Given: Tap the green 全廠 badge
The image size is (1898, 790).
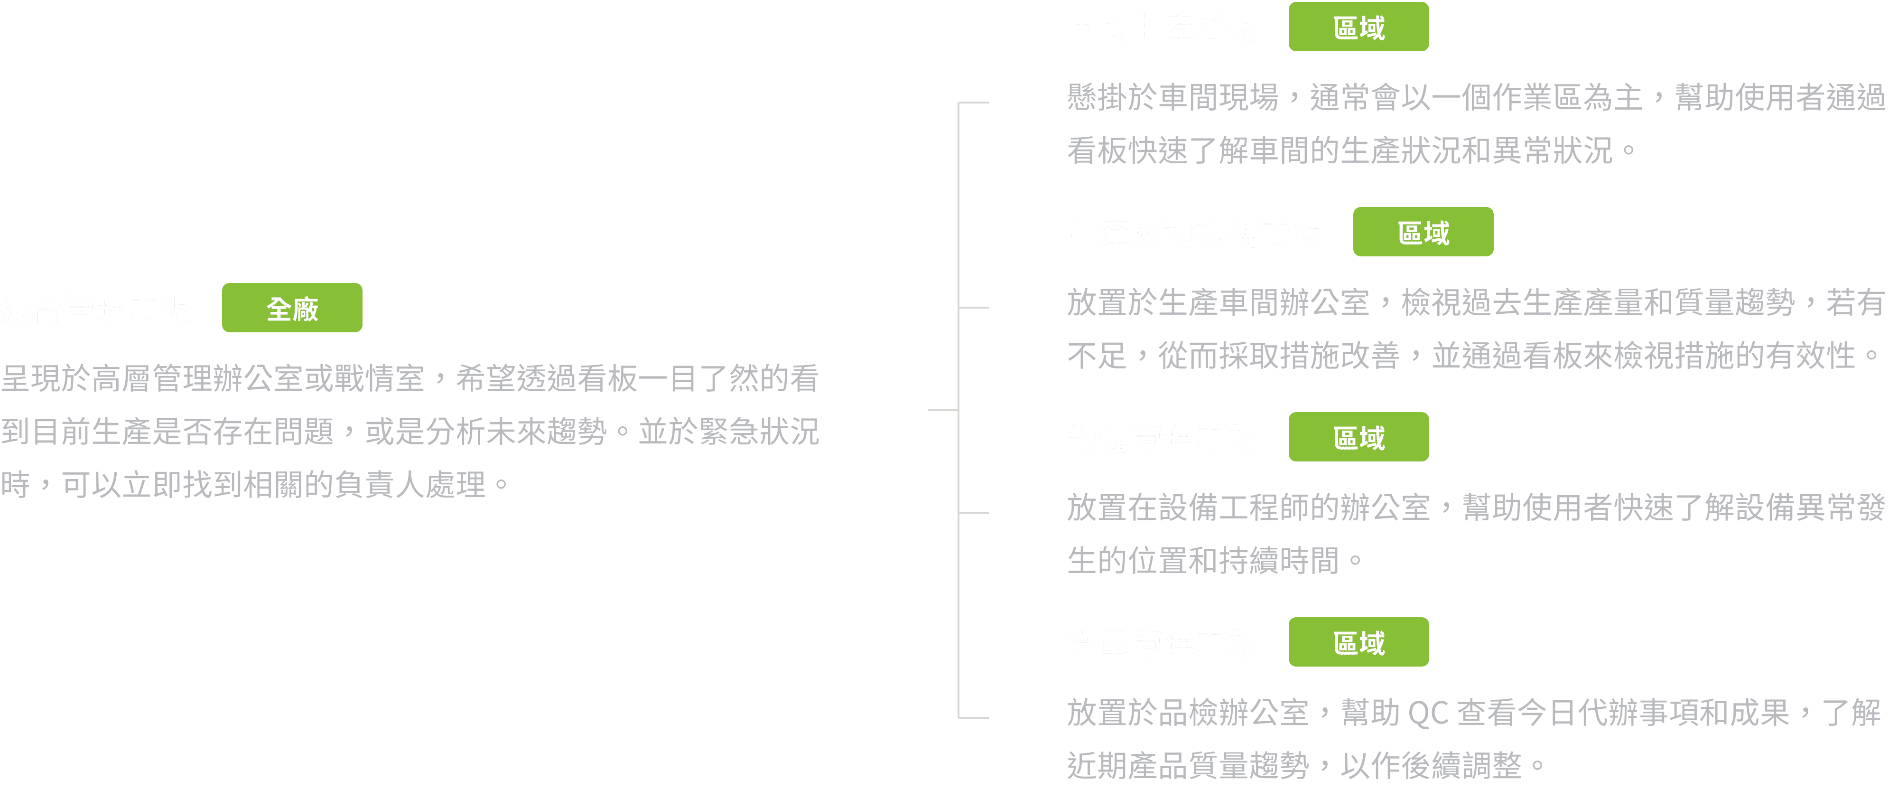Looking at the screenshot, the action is pos(292,308).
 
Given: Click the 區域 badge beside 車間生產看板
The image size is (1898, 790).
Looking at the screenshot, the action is pos(1358,27).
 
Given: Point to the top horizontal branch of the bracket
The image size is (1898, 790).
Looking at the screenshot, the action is pos(973,103).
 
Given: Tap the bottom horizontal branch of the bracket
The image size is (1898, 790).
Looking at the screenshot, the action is pos(973,717).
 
